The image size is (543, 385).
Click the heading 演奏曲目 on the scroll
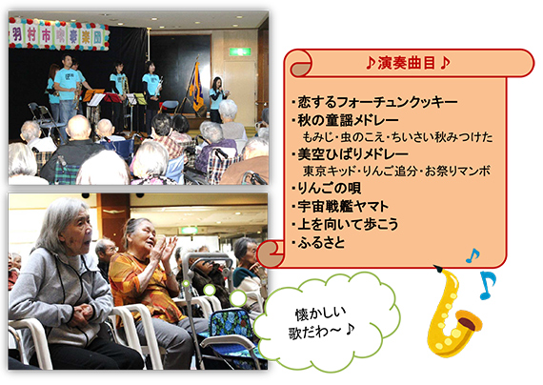click(x=407, y=63)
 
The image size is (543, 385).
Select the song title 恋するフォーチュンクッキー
click(x=377, y=102)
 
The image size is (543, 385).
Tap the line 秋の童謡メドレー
click(x=348, y=120)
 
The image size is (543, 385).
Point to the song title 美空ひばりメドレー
click(x=352, y=154)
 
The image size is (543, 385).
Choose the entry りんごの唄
click(x=330, y=188)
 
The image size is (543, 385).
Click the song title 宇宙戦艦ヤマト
click(x=343, y=206)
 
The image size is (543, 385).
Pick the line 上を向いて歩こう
click(x=348, y=224)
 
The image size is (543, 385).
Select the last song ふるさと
click(x=321, y=242)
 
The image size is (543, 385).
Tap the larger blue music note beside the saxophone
click(x=488, y=285)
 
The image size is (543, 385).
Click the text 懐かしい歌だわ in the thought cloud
click(x=321, y=323)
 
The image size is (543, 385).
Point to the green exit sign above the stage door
click(x=240, y=51)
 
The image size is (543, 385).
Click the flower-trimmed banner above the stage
click(x=59, y=34)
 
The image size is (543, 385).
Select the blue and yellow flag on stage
click(x=197, y=86)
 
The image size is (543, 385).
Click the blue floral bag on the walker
click(x=228, y=324)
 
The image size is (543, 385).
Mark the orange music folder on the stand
click(x=93, y=95)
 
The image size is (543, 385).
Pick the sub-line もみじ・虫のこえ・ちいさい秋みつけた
click(x=397, y=137)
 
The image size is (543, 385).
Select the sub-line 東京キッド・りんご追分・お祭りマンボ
click(x=397, y=172)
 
